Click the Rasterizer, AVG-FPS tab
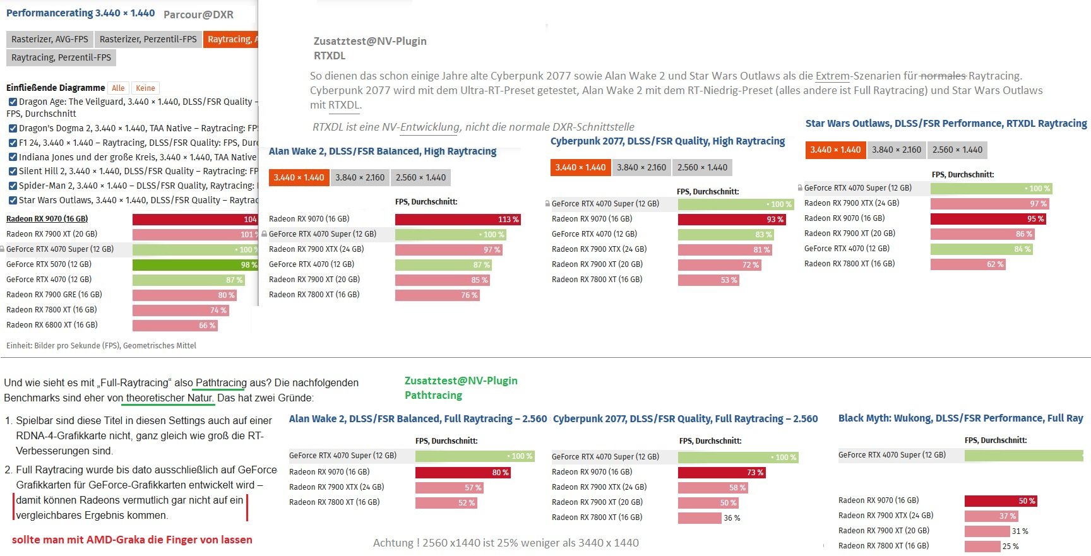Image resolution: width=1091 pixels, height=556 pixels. pos(50,39)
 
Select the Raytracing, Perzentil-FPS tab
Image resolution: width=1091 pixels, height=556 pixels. pos(61,57)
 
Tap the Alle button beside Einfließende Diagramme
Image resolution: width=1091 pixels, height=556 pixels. pos(118,88)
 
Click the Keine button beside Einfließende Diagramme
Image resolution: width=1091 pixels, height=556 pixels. pos(145,88)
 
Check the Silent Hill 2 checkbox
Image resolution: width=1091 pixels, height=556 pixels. pos(13,171)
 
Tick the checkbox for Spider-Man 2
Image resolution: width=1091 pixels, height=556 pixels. pos(13,186)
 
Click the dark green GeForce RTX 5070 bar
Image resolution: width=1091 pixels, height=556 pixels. pos(195,264)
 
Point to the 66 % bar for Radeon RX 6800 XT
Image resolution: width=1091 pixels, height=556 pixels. pos(175,326)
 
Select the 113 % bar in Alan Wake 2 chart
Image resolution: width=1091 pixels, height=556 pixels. pos(458,220)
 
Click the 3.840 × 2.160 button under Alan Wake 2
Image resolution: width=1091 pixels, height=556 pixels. pos(360,178)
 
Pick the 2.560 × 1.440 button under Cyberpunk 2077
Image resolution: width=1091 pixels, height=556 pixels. pos(702,168)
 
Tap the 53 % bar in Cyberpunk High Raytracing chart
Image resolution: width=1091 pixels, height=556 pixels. pos(708,280)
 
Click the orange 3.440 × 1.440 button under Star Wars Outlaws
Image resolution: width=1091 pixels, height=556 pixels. pos(835,150)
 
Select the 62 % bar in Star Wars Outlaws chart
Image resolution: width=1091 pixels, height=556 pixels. pos(967,264)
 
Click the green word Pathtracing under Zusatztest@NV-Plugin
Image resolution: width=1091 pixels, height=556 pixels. pos(433,396)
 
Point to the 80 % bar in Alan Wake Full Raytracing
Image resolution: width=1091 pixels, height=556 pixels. pos(463,473)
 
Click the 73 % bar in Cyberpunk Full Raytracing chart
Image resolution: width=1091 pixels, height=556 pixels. pos(722,473)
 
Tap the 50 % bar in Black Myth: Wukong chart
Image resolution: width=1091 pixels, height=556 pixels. pos(1001,501)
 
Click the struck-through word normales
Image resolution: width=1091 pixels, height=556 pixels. pos(943,76)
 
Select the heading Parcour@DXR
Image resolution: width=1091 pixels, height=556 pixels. pos(198,15)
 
